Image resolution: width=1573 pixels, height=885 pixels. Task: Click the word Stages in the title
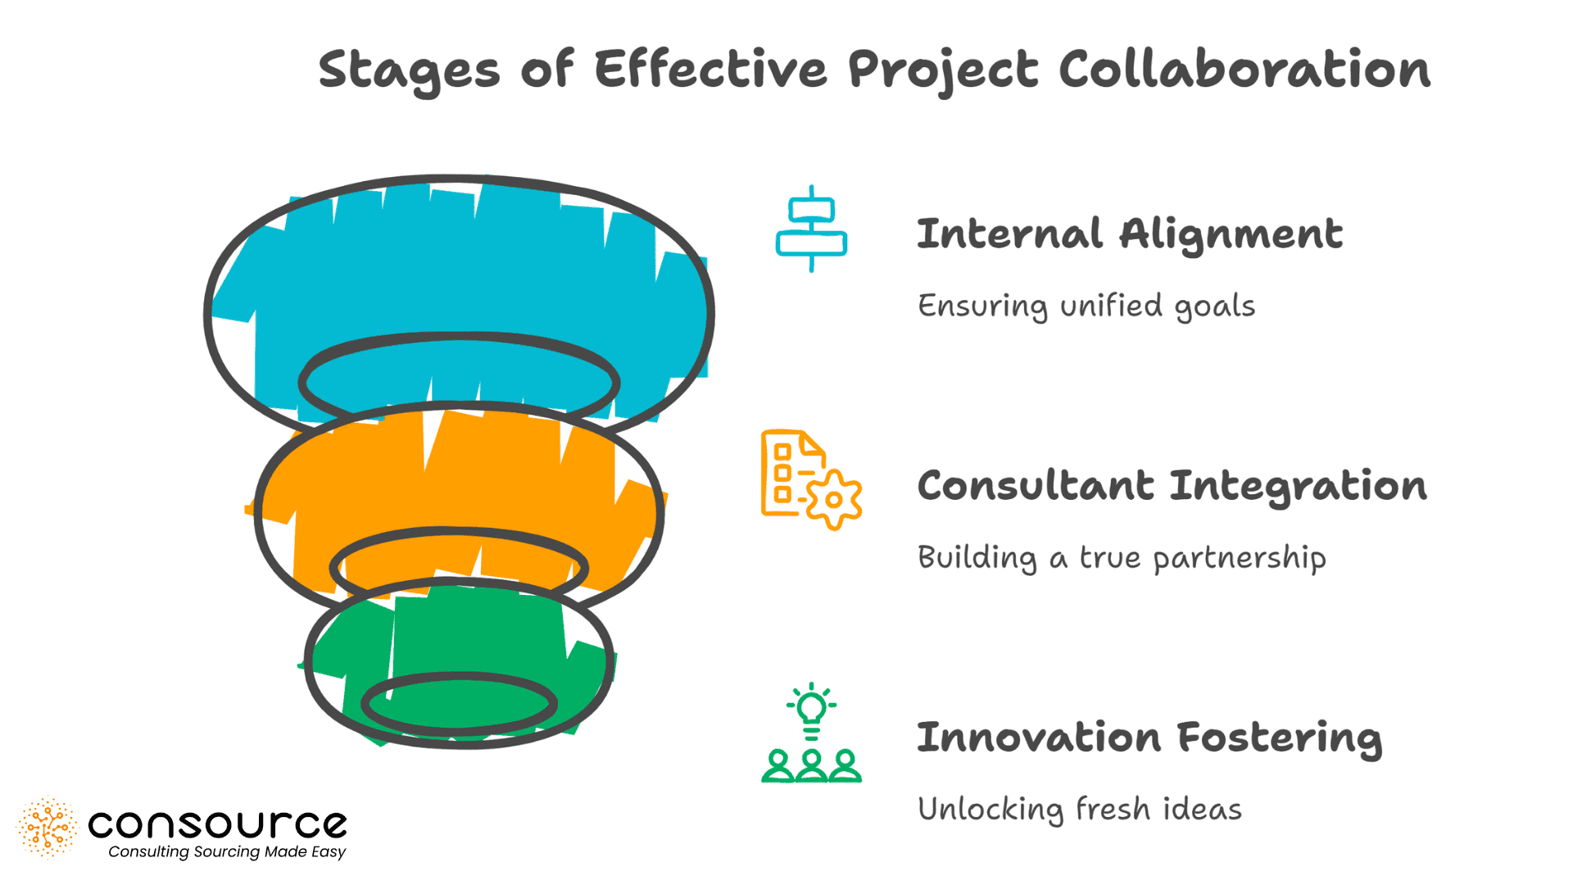(408, 70)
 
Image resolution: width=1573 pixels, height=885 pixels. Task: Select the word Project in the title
(943, 70)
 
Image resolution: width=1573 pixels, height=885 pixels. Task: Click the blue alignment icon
(811, 229)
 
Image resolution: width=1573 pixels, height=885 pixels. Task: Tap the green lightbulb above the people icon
(811, 709)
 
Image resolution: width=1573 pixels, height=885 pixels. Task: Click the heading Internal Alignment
(1130, 234)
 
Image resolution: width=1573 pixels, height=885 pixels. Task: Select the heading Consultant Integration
(1172, 486)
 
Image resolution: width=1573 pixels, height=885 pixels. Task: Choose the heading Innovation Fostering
(1149, 737)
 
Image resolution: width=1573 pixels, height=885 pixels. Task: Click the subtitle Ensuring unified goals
(1086, 306)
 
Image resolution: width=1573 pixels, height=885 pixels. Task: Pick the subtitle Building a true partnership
(1122, 558)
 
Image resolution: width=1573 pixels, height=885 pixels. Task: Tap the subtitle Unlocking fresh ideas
(1080, 810)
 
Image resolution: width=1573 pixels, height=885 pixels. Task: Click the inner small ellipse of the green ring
(460, 703)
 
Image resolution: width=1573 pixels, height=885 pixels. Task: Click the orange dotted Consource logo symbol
(48, 828)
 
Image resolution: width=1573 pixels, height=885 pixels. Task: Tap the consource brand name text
(217, 824)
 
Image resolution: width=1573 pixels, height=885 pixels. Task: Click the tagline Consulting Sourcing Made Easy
(227, 852)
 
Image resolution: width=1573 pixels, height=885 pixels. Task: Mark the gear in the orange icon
(834, 499)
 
